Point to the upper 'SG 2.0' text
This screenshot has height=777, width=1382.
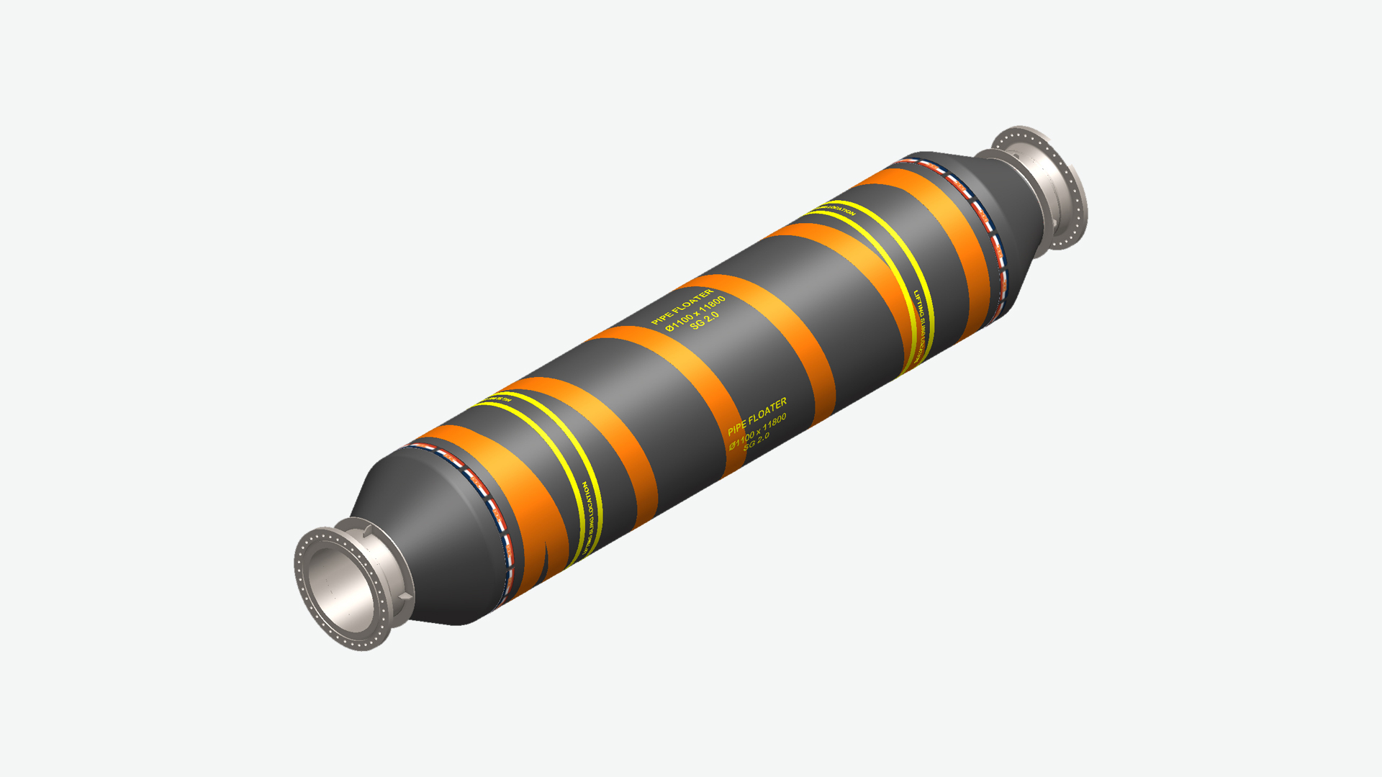click(x=704, y=321)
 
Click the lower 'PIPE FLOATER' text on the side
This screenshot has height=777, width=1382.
click(x=757, y=417)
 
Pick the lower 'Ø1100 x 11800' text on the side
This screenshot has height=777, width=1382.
click(x=757, y=431)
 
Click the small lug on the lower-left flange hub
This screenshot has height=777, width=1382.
click(x=369, y=531)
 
